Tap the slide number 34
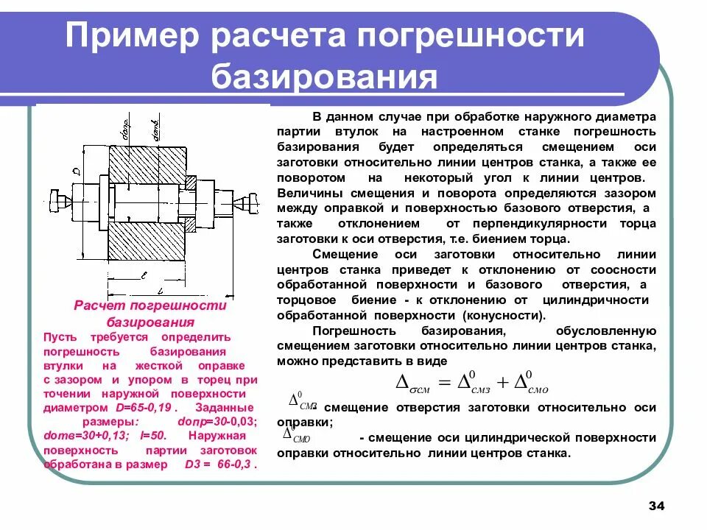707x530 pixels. coord(656,506)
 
